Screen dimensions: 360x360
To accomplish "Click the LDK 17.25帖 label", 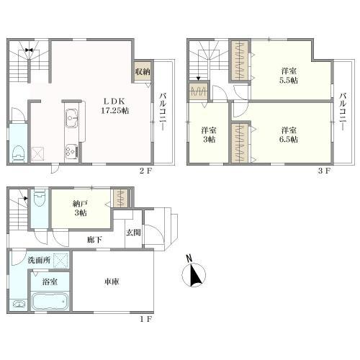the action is [x=115, y=106].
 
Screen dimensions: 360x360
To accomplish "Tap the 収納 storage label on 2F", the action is [x=143, y=71].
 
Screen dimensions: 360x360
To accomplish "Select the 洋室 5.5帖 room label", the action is [x=289, y=76].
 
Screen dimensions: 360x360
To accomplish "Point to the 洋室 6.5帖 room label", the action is [x=289, y=135].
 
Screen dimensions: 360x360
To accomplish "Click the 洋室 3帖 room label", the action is [x=209, y=135].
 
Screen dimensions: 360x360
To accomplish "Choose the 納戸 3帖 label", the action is [x=81, y=208].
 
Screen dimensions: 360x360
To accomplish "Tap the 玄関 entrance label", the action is [x=133, y=233].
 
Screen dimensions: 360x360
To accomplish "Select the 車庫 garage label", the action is [x=112, y=282].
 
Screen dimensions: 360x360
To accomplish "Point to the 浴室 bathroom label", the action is [x=50, y=282].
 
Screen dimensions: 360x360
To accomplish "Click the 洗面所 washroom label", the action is [x=39, y=260].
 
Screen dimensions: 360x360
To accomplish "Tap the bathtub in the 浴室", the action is [x=50, y=301].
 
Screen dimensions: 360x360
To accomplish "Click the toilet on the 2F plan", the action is [x=19, y=153].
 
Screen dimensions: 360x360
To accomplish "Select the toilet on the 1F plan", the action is [x=40, y=198].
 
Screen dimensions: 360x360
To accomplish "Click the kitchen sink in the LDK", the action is [x=72, y=118].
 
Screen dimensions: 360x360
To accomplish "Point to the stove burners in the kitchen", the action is [x=72, y=151].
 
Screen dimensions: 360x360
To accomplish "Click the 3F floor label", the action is [x=325, y=171].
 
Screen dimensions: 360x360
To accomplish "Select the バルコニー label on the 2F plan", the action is [x=163, y=112].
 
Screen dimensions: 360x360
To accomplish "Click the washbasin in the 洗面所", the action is [x=19, y=305].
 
